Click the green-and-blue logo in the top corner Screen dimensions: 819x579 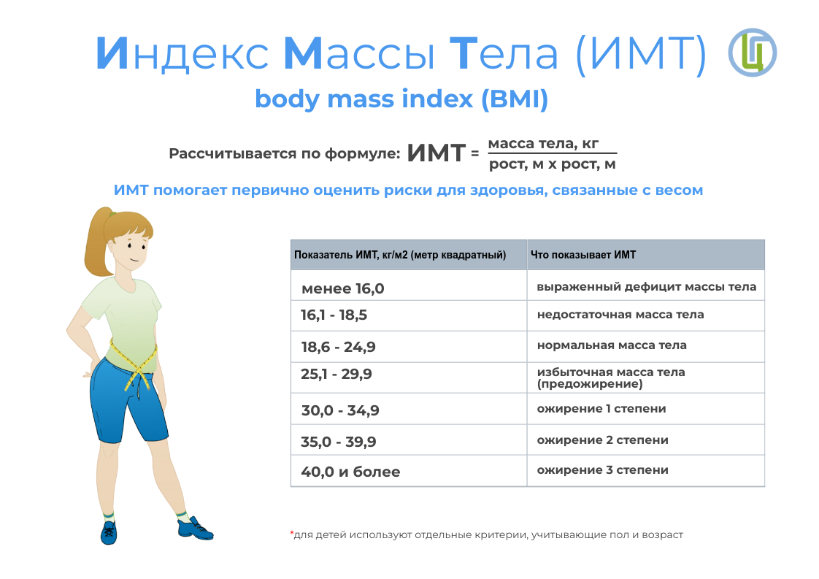(752, 53)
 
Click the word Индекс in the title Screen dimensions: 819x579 (182, 53)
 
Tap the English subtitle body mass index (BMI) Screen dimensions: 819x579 (401, 99)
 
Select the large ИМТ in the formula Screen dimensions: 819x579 (436, 153)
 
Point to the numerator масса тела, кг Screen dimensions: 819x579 (543, 144)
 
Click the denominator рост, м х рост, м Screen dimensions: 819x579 (552, 164)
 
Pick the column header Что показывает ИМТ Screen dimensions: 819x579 (583, 255)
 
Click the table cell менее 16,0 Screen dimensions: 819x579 (342, 288)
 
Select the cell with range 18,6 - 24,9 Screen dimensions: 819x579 (338, 347)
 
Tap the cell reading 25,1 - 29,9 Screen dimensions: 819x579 (337, 374)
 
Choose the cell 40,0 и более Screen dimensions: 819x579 (350, 472)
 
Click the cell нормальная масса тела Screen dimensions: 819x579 (612, 345)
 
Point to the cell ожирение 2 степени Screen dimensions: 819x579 (603, 440)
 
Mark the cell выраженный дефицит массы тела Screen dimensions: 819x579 (647, 287)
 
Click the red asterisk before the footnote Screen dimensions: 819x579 (291, 533)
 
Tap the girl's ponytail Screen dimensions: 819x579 (97, 245)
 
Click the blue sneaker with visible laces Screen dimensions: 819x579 (109, 532)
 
